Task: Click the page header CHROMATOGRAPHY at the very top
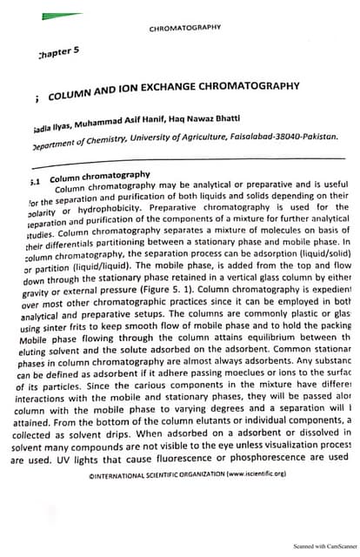pyautogui.click(x=185, y=28)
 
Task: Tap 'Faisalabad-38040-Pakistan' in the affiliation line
pyautogui.click(x=283, y=138)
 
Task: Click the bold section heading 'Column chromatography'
pyautogui.click(x=100, y=176)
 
